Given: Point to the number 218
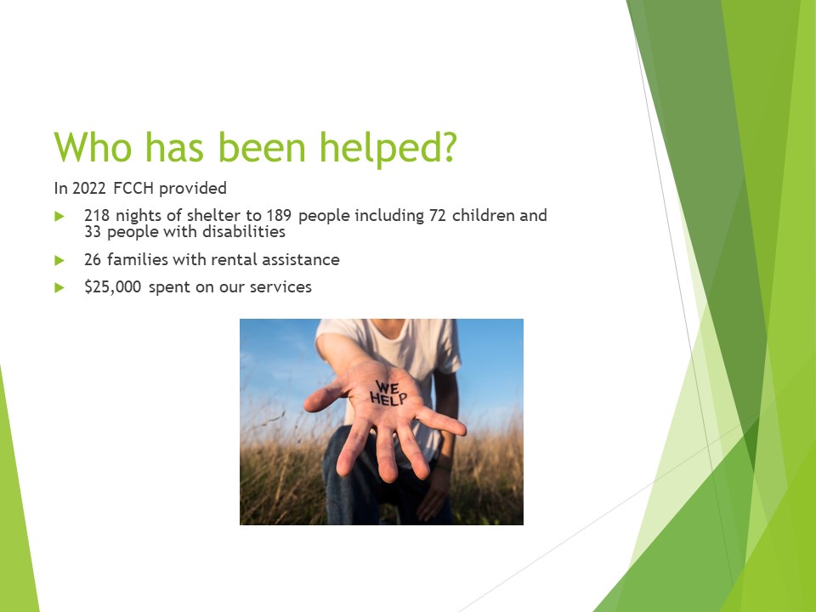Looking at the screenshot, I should pyautogui.click(x=97, y=215).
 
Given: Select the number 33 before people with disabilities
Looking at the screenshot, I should pyautogui.click(x=93, y=231).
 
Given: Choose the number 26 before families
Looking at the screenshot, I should pyautogui.click(x=93, y=259).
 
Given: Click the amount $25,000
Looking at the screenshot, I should pyautogui.click(x=114, y=287).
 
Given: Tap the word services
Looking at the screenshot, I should pyautogui.click(x=282, y=287).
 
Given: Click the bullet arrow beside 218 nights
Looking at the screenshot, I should pyautogui.click(x=59, y=216).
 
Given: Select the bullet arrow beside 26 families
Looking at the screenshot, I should pyautogui.click(x=59, y=260).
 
